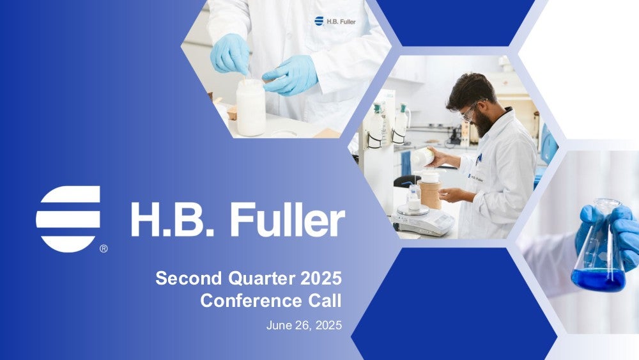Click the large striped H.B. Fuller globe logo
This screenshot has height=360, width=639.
click(68, 219)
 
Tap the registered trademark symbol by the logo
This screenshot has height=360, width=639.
click(104, 248)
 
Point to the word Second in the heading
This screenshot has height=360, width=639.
click(189, 278)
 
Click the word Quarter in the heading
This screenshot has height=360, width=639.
click(261, 278)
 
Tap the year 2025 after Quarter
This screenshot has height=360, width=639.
click(321, 278)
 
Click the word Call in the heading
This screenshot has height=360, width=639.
click(325, 301)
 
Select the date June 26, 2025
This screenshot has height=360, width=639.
click(304, 325)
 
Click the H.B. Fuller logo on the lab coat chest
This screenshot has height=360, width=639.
click(335, 21)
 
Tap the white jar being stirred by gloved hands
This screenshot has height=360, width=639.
click(250, 107)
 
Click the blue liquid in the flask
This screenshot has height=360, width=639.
click(598, 279)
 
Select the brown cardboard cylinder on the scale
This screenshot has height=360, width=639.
click(430, 194)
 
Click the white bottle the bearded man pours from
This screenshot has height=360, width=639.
click(422, 157)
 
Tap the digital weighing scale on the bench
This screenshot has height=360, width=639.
click(424, 221)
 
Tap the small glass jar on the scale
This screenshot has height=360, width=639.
click(413, 198)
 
